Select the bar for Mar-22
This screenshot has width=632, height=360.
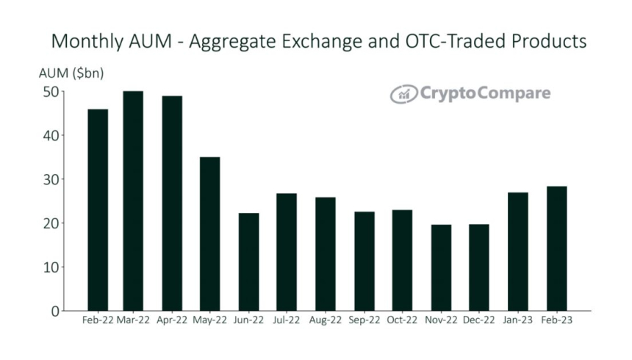[x=133, y=201]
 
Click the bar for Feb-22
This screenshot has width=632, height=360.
[x=98, y=210]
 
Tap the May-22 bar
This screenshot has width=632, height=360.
[x=209, y=234]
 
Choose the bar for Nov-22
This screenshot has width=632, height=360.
[x=442, y=267]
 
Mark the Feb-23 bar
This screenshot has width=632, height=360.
[x=556, y=248]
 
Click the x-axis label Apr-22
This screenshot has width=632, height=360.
[x=171, y=322]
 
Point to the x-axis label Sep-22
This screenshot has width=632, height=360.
[x=364, y=322]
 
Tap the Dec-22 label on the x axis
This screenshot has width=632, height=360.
[x=479, y=322]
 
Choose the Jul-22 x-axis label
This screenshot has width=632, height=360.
[x=287, y=322]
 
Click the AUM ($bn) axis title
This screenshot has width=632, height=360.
[x=71, y=73]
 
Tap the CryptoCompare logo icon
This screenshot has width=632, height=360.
[x=403, y=93]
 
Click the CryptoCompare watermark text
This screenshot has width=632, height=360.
[x=485, y=93]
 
